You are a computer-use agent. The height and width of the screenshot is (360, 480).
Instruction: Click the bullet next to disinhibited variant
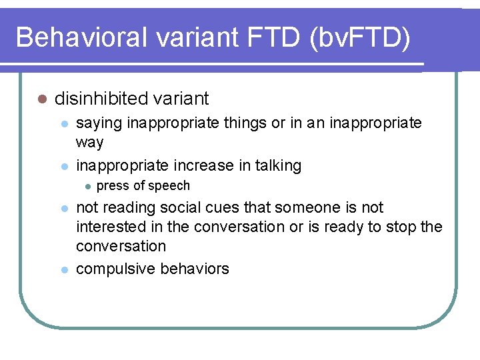pos(41,99)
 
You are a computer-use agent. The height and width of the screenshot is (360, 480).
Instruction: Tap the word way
pos(90,143)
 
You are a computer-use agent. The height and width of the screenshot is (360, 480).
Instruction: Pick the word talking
pos(275,165)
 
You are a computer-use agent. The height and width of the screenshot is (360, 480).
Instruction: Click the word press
pos(113,186)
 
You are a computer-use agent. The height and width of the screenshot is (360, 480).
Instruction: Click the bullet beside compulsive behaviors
pos(64,269)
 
